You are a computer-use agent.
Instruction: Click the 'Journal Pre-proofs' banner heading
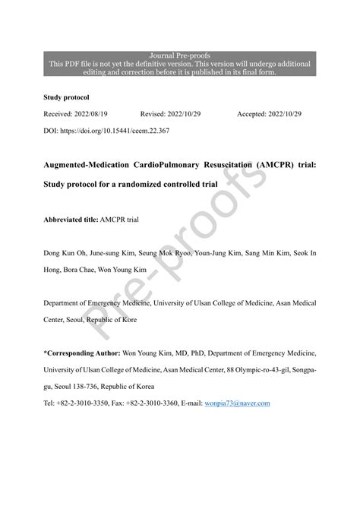[180, 55]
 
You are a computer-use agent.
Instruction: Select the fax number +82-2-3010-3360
[157, 403]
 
